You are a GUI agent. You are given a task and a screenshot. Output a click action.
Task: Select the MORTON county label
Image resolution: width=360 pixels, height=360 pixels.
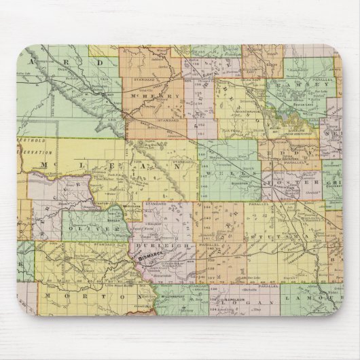point(65,296)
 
